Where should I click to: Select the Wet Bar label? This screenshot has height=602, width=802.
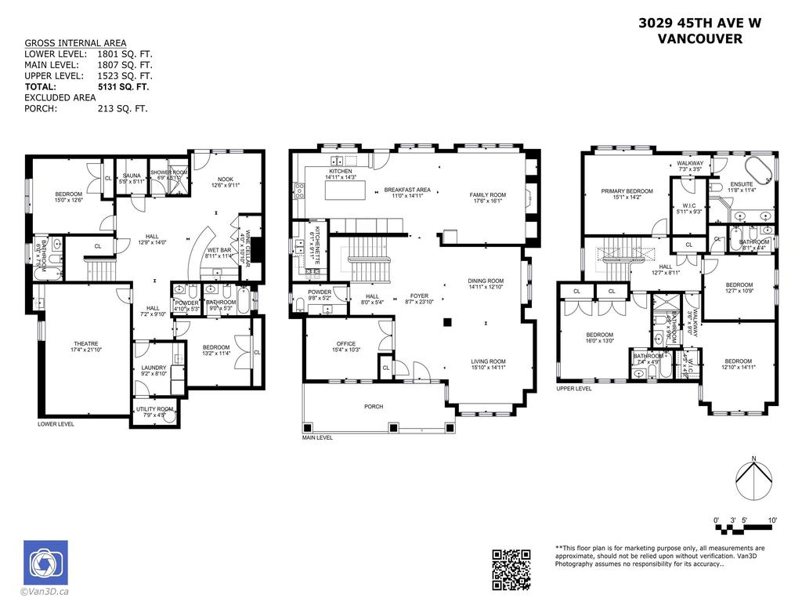218,251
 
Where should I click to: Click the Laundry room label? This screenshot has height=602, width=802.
154,370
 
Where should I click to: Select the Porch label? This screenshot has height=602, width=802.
374,407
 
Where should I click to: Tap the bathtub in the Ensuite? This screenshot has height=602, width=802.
757,169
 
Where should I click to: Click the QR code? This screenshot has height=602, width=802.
511,568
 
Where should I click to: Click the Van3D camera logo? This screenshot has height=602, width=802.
45,562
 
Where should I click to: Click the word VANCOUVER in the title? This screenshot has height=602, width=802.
699,38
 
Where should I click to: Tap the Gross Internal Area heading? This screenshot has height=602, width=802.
75,43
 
